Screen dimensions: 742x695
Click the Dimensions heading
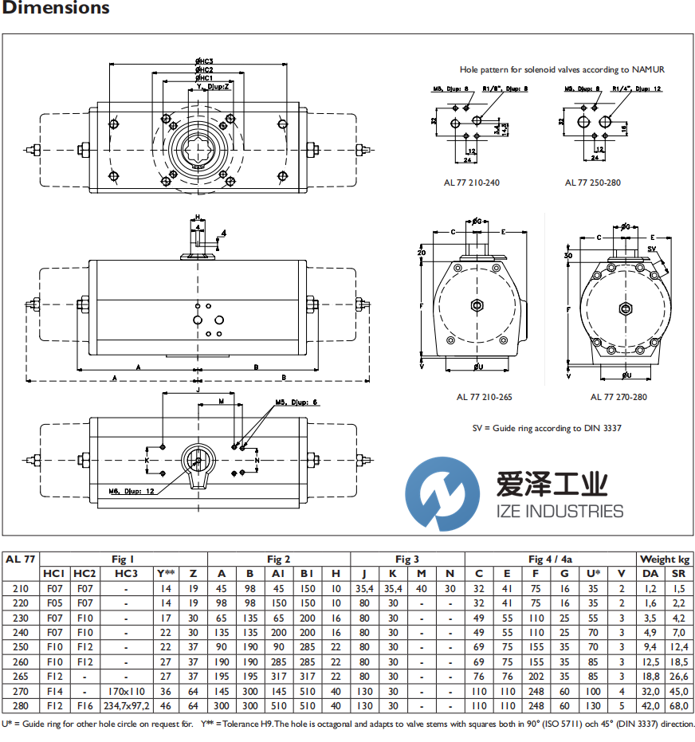pos(56,9)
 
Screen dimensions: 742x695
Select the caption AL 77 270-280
pos(618,397)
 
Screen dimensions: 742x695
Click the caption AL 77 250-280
pos(593,183)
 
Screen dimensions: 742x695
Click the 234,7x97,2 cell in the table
pos(125,705)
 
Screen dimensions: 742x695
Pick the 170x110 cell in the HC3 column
pos(125,692)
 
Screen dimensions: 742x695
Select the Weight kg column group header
pos(665,559)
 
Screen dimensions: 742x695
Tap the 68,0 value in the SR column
pos(678,705)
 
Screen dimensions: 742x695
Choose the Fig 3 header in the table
pos(406,559)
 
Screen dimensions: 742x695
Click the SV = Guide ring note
pos(547,428)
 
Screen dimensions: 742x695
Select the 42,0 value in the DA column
pos(650,705)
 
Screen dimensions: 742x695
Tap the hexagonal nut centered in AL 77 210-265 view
pos(477,305)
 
